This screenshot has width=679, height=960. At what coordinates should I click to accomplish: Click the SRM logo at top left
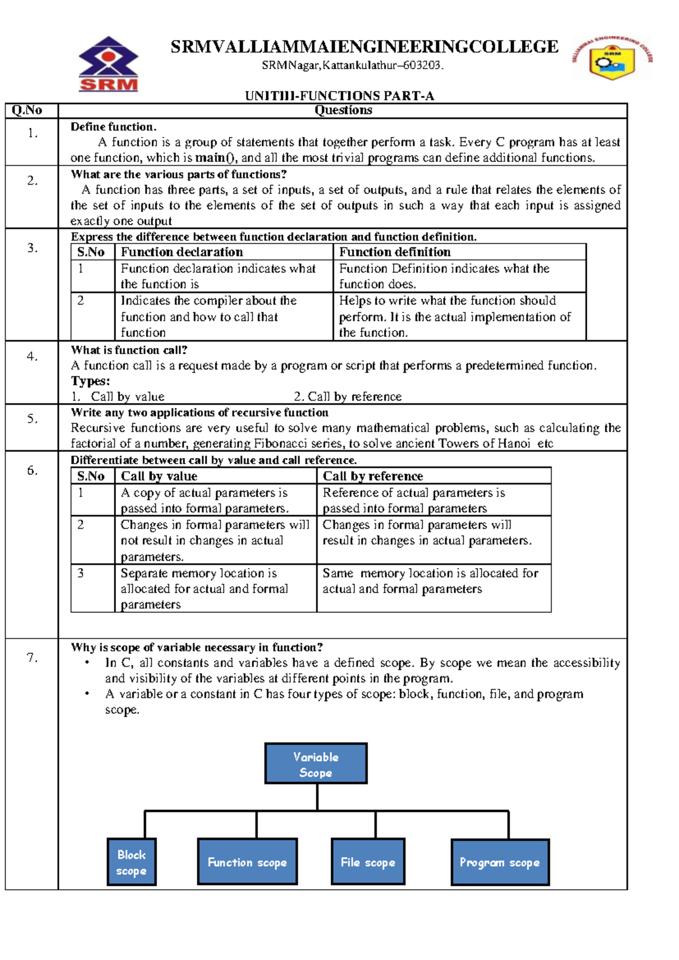(x=108, y=65)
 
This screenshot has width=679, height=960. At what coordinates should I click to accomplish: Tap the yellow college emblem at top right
(x=612, y=59)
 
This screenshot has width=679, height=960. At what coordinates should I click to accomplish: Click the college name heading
(x=364, y=46)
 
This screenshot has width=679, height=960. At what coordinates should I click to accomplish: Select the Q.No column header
(x=27, y=110)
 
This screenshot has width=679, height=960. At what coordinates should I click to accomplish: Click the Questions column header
(x=343, y=110)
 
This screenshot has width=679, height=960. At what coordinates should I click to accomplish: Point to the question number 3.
(x=32, y=248)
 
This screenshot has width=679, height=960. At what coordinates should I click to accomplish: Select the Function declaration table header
(x=182, y=252)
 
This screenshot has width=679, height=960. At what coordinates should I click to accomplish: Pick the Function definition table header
(x=394, y=252)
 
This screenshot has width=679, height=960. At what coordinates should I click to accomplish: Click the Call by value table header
(x=159, y=476)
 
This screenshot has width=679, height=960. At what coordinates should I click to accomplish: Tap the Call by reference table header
(x=372, y=476)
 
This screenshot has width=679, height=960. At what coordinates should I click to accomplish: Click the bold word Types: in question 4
(x=91, y=381)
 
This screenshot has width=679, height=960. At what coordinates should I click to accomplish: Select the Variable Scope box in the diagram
(x=316, y=764)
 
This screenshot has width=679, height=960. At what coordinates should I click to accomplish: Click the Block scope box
(x=131, y=862)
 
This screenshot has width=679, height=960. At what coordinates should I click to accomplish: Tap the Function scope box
(x=247, y=862)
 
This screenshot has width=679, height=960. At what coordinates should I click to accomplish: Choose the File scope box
(x=368, y=862)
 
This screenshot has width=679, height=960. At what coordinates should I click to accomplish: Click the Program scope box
(x=500, y=862)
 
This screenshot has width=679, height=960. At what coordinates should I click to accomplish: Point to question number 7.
(x=32, y=658)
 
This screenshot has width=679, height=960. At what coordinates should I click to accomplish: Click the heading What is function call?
(x=129, y=350)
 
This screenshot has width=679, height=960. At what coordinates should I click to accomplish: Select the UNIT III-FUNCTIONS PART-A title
(x=339, y=96)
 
